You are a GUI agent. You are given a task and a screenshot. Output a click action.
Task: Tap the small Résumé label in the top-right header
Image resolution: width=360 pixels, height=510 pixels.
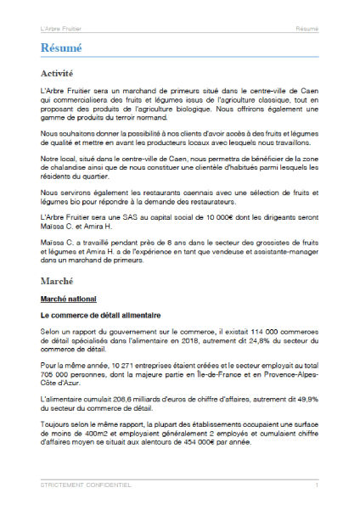(307, 29)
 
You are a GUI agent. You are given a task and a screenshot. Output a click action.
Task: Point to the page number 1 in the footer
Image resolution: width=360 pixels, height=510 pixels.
(317, 485)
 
